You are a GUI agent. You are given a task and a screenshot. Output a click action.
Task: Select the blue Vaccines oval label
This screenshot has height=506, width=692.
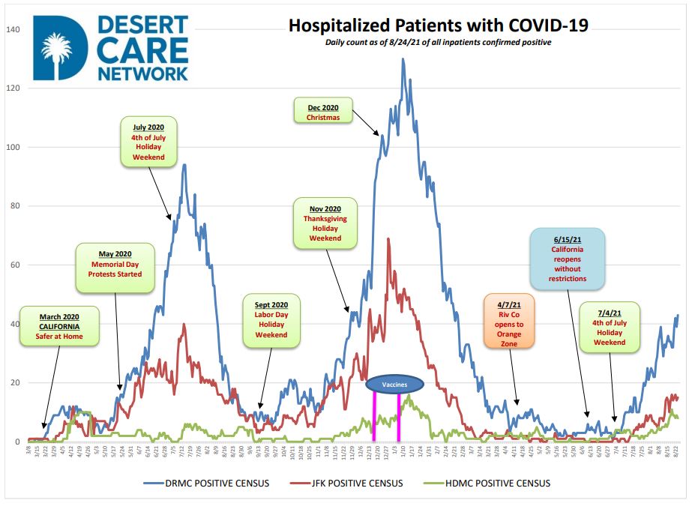pos(394,385)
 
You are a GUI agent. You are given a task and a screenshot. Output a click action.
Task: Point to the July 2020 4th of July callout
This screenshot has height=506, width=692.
pos(148,141)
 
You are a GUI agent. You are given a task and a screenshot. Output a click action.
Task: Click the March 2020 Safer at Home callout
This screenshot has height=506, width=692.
pos(59,326)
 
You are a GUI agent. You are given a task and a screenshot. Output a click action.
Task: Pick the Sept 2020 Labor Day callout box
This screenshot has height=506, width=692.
pos(271,320)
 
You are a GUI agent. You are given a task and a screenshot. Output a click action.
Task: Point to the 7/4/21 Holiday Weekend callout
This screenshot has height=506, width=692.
pos(610,327)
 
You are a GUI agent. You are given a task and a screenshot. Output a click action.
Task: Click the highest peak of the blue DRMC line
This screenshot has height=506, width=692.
pos(403,59)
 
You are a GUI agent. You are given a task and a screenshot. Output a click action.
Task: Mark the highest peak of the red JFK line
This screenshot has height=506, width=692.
pos(388,239)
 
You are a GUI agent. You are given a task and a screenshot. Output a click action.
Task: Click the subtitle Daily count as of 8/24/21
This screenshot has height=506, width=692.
pos(439,42)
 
